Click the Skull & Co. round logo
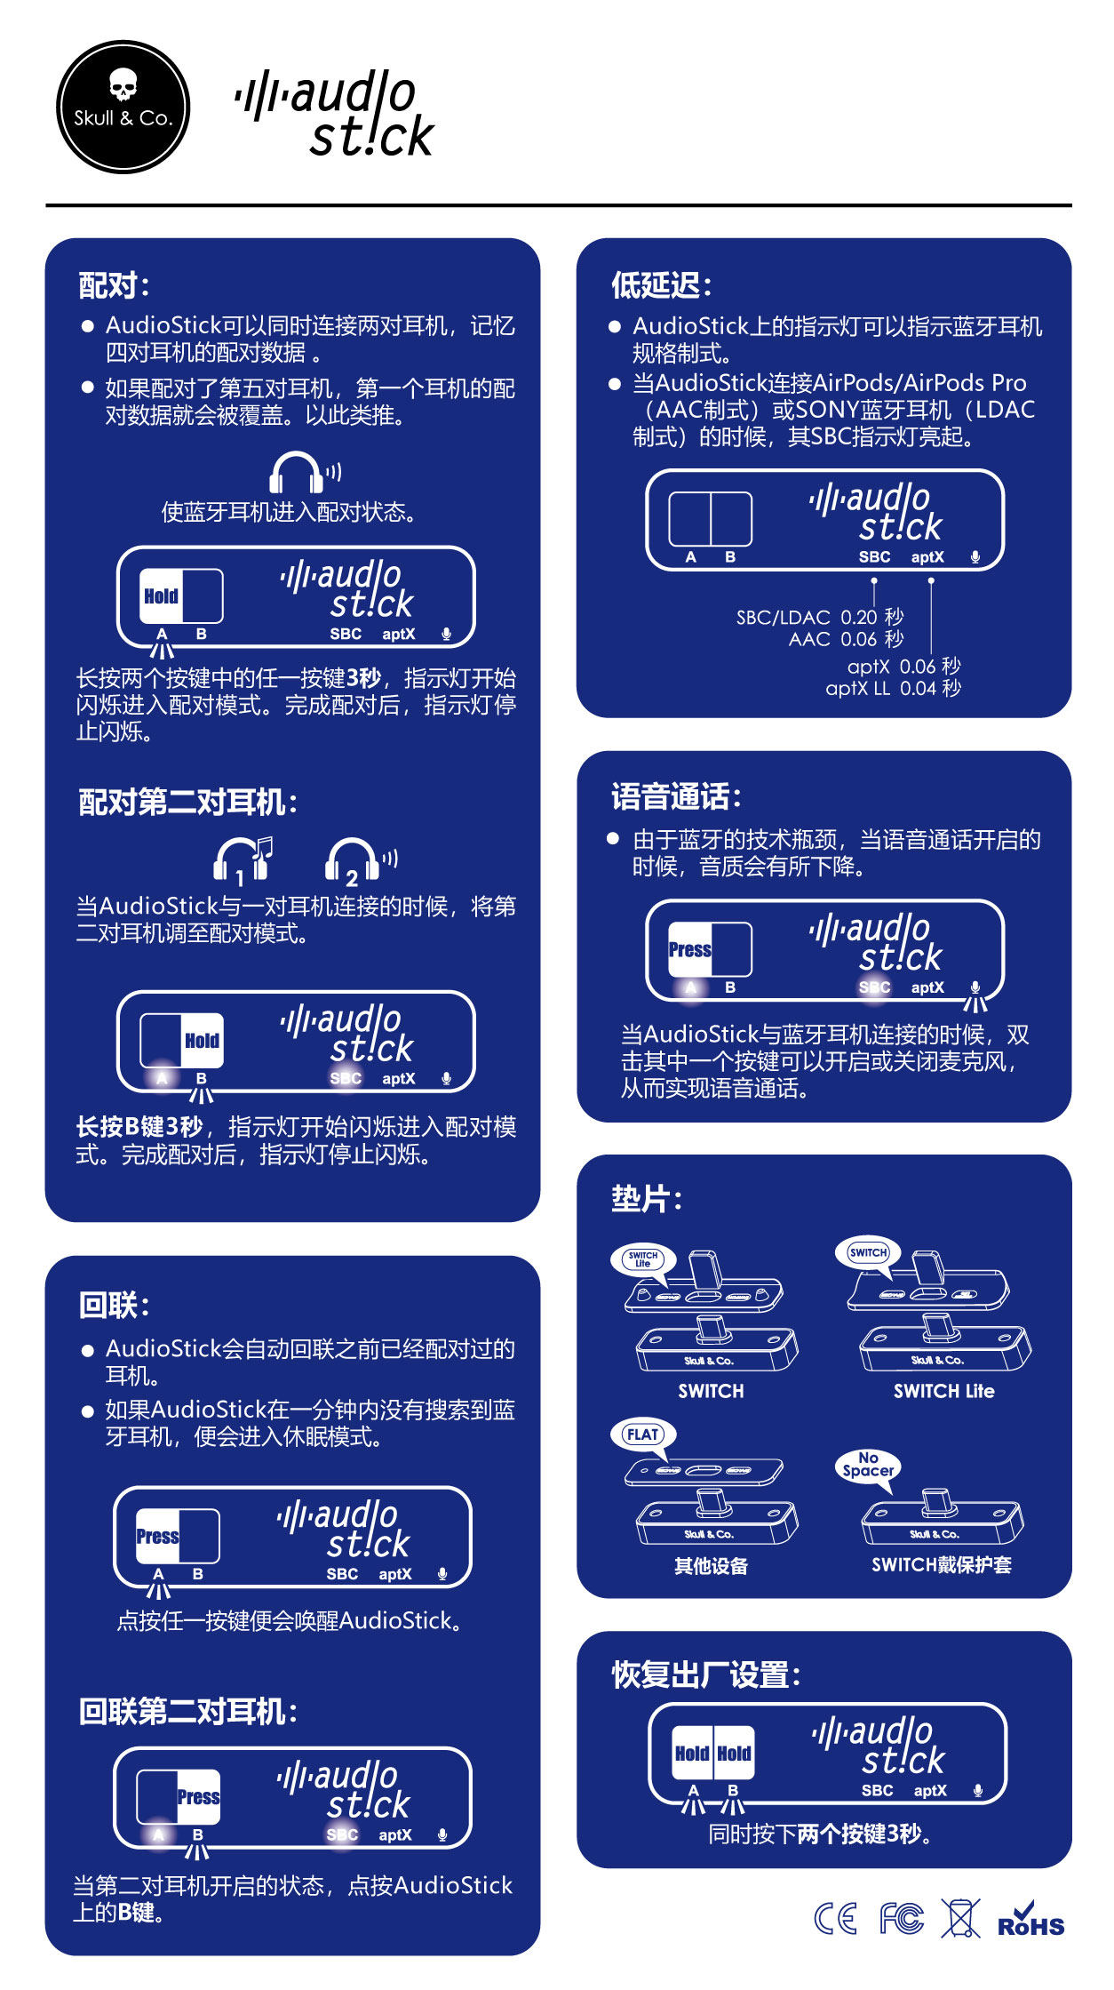pyautogui.click(x=123, y=107)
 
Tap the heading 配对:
pyautogui.click(x=114, y=285)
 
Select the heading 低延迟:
pyautogui.click(x=661, y=285)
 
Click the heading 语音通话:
pyautogui.click(x=676, y=797)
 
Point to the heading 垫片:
pyautogui.click(x=646, y=1199)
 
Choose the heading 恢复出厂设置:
pyautogui.click(x=706, y=1675)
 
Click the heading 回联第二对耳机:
pyautogui.click(x=187, y=1711)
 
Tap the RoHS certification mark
pyautogui.click(x=1030, y=1920)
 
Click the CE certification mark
pyautogui.click(x=836, y=1919)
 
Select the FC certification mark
pyautogui.click(x=902, y=1919)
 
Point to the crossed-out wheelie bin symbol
pyautogui.click(x=960, y=1918)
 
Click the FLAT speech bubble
pyautogui.click(x=642, y=1435)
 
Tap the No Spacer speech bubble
pyautogui.click(x=868, y=1464)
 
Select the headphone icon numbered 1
pyautogui.click(x=241, y=860)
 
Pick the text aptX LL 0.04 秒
pyautogui.click(x=893, y=688)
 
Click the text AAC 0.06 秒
pyautogui.click(x=846, y=639)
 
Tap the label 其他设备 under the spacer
pyautogui.click(x=711, y=1566)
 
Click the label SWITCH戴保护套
pyautogui.click(x=941, y=1565)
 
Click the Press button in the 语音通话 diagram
pyautogui.click(x=690, y=949)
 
